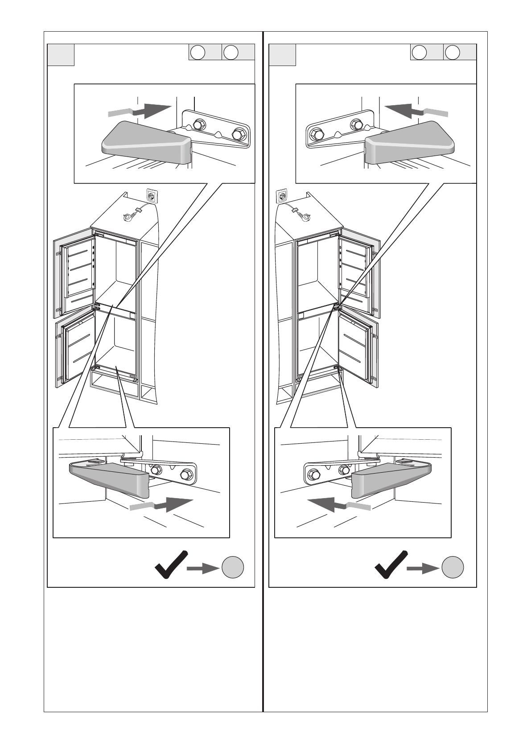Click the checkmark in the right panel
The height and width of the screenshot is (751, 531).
click(x=390, y=565)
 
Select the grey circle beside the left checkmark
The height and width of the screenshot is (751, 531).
click(x=232, y=567)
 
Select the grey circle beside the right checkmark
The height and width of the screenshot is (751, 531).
click(x=453, y=567)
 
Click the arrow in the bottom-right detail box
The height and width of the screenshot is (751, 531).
click(x=339, y=506)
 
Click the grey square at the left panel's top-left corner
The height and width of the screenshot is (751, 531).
click(x=61, y=55)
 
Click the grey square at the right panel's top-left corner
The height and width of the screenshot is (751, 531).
click(x=282, y=55)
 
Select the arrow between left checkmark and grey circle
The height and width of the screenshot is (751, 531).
click(x=203, y=568)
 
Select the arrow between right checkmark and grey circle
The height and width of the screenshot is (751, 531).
click(x=423, y=568)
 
